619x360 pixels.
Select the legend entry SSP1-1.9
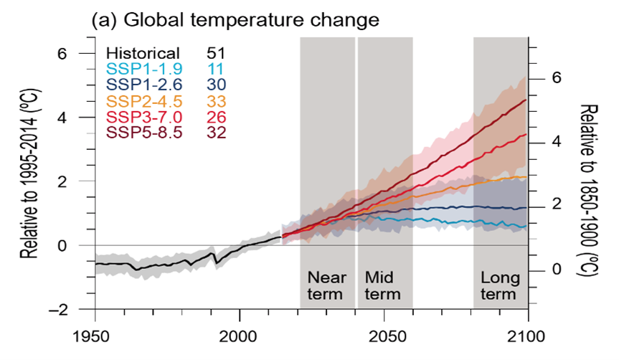click(143, 69)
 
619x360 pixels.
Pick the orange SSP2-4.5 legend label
click(143, 101)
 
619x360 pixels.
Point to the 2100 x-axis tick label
click(529, 336)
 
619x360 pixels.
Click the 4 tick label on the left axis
click(82, 118)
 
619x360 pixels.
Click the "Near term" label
click(326, 285)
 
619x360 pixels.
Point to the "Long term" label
click(498, 285)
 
